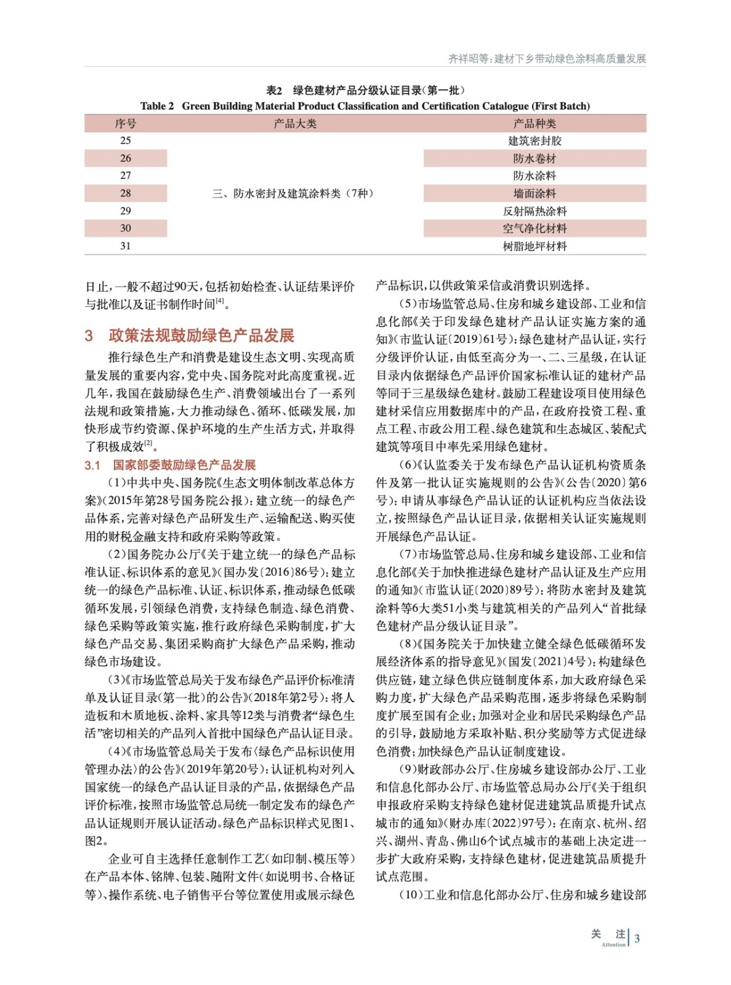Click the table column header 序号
coord(125,124)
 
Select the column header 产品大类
coord(295,124)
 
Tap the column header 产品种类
coord(535,124)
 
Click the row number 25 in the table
coord(125,141)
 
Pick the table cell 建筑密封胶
coord(535,141)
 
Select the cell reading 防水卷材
coord(535,159)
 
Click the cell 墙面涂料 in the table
coord(535,193)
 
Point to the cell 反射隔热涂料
coord(535,211)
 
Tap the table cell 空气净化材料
coord(535,228)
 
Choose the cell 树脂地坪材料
coord(535,246)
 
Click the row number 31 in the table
coord(125,246)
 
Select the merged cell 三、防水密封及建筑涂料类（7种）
coord(293,193)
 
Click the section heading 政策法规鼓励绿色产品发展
coord(201,336)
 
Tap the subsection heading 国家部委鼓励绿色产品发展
coord(184,465)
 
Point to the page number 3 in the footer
coord(637,939)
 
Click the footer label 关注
coord(608,934)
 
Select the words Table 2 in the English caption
coord(157,106)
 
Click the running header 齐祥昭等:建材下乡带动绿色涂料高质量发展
coord(547,58)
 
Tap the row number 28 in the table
coord(125,193)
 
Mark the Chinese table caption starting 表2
coord(365,90)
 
